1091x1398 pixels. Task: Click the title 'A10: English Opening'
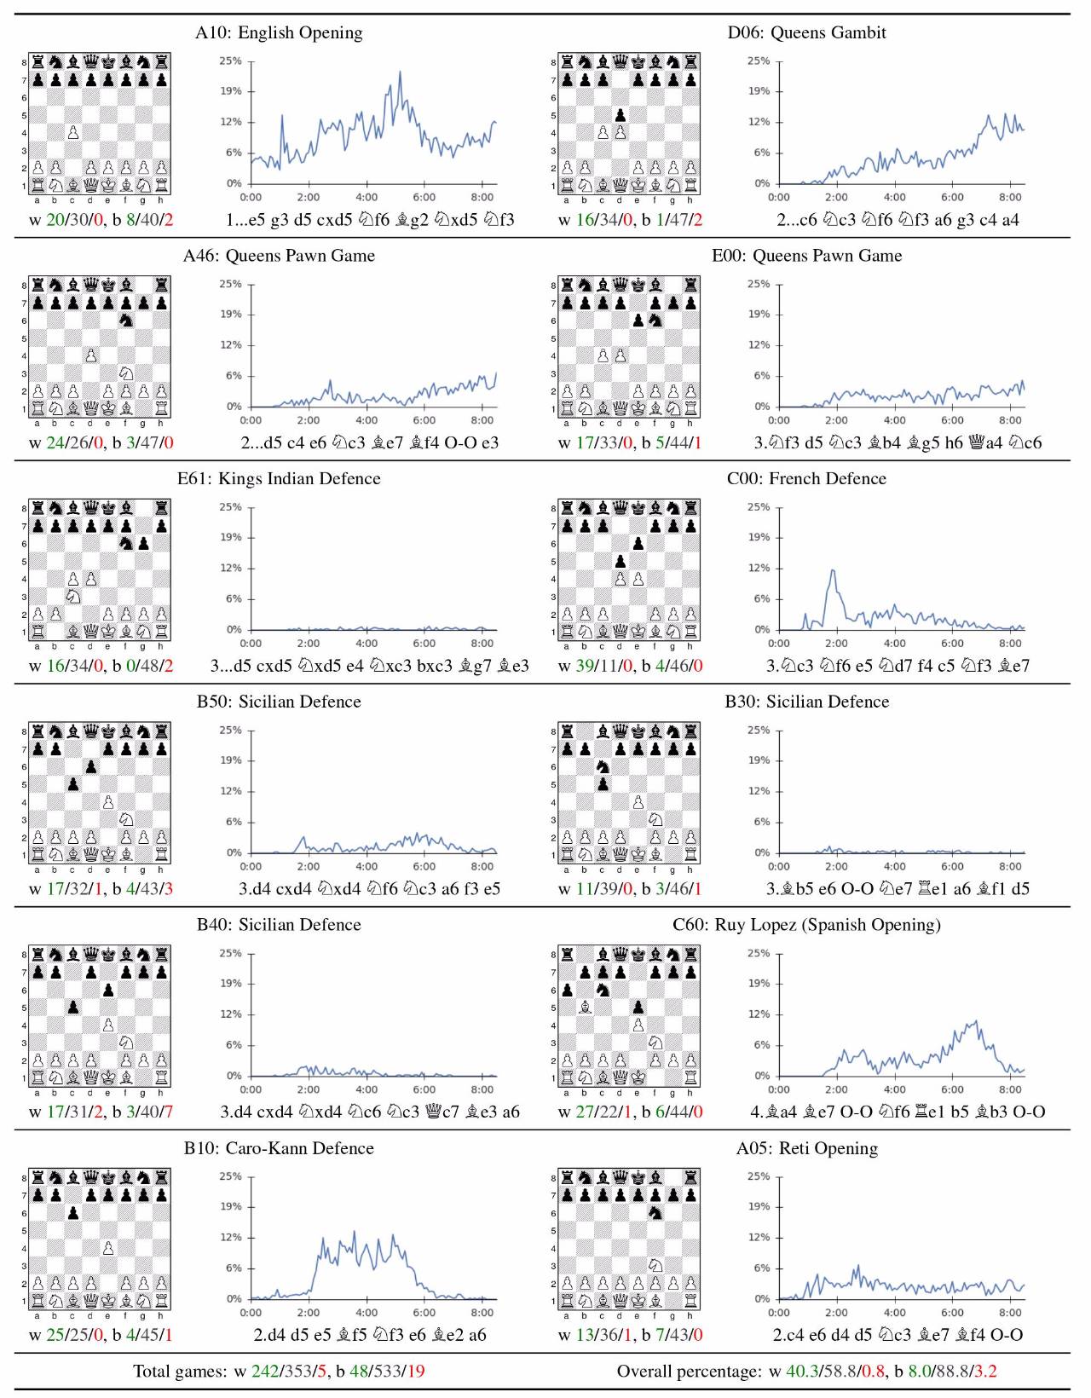(x=279, y=33)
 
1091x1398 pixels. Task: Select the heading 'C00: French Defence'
(x=806, y=479)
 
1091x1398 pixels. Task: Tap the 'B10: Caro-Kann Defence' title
(x=279, y=1148)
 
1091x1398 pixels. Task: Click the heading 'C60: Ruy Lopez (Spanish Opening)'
(x=806, y=925)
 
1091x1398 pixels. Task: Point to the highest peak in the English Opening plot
(x=400, y=72)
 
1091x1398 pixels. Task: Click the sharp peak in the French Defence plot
(x=833, y=570)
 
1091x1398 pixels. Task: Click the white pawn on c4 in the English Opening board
(x=73, y=132)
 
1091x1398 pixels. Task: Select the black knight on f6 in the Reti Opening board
(x=655, y=1212)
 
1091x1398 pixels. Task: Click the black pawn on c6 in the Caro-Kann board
(x=73, y=1212)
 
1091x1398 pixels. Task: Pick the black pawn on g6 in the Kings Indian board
(x=143, y=543)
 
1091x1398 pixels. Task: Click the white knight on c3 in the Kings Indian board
(x=73, y=596)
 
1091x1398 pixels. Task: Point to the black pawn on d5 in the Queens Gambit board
(x=621, y=115)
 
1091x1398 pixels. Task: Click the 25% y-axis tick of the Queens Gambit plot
(x=758, y=61)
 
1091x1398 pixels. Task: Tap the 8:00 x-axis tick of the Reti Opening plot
(x=1009, y=1313)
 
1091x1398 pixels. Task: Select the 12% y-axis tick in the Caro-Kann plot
(x=230, y=1237)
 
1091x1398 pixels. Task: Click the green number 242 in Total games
(x=264, y=1372)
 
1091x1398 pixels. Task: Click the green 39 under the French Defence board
(x=586, y=666)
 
